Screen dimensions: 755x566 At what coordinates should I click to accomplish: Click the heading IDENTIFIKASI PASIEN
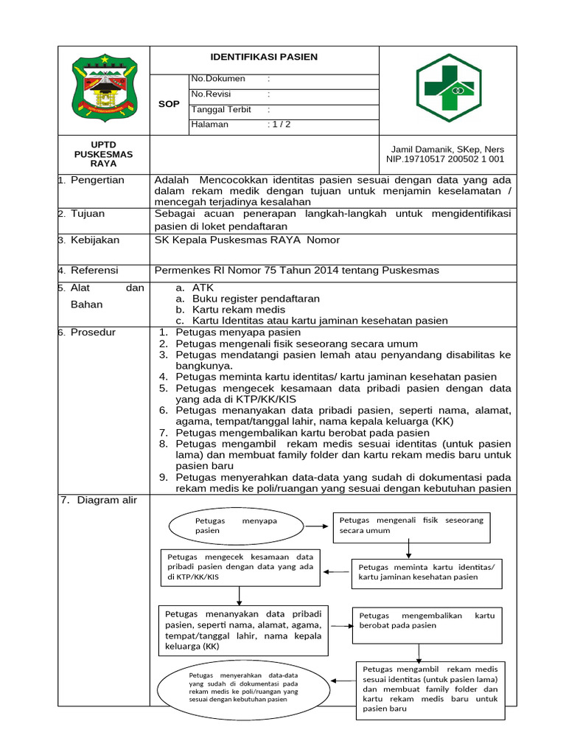click(x=264, y=57)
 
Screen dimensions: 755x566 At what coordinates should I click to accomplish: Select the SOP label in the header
click(x=169, y=104)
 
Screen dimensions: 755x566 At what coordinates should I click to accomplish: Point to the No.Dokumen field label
click(x=218, y=78)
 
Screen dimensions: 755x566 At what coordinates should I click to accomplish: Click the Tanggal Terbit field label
click(x=222, y=110)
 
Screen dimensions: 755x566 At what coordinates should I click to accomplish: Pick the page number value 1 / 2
click(x=279, y=125)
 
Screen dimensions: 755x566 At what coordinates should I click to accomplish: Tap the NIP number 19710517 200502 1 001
click(x=445, y=159)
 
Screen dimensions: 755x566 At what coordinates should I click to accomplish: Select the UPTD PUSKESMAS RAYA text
click(x=104, y=153)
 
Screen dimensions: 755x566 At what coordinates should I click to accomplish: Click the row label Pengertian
click(x=97, y=180)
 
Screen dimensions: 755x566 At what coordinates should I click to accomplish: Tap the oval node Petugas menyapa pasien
click(x=236, y=526)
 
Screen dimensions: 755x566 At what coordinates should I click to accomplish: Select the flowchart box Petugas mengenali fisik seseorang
click(x=411, y=525)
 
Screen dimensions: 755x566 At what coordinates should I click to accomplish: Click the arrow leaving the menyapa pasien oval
click(x=318, y=526)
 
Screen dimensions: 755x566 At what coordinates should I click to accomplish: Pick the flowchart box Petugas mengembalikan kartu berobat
click(x=427, y=620)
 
